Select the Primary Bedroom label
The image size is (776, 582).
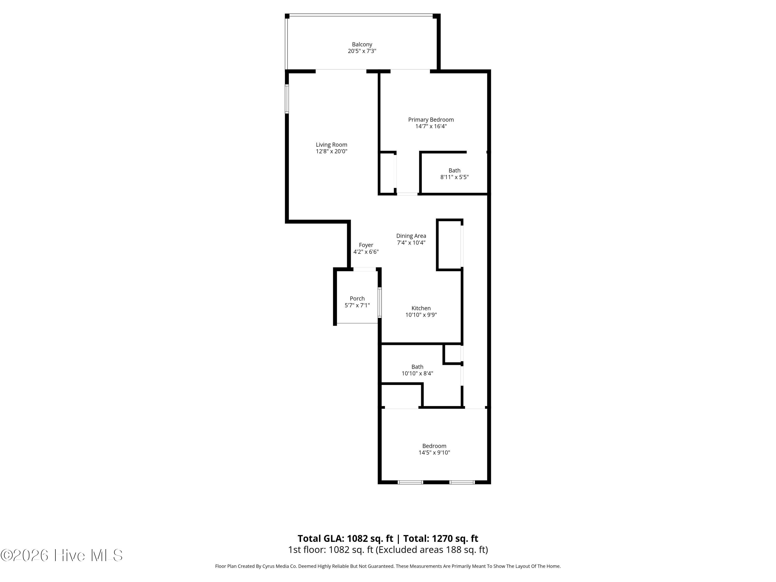pos(431,120)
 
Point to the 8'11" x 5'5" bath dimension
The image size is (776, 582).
pos(454,177)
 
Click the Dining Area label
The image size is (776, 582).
pos(411,236)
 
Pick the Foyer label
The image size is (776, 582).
pos(366,245)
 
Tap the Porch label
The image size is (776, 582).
pos(357,299)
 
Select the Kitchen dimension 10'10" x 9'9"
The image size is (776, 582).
pos(421,315)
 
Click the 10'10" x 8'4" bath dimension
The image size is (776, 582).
pos(417,373)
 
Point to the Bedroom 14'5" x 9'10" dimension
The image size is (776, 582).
pos(434,453)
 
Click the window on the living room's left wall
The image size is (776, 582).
pos(287,99)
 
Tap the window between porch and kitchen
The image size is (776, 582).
pos(379,302)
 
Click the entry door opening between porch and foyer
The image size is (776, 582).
pos(364,269)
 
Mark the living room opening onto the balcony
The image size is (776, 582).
pos(341,71)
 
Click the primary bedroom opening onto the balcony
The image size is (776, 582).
pos(410,71)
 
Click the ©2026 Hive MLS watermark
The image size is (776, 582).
pos(61,555)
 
